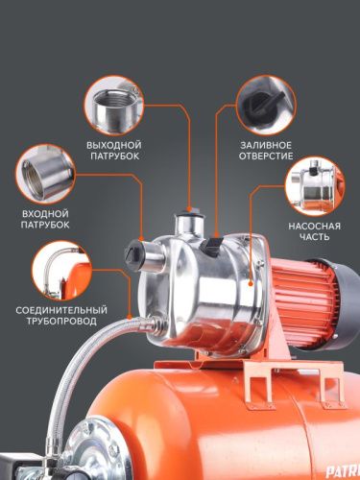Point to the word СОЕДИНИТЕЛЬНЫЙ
(60, 310)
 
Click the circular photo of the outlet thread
(114, 108)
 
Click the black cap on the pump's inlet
(132, 256)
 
